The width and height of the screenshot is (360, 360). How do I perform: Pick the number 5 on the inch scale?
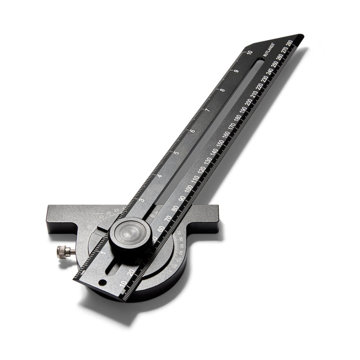176,153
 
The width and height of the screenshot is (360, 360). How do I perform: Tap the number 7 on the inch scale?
207,110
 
